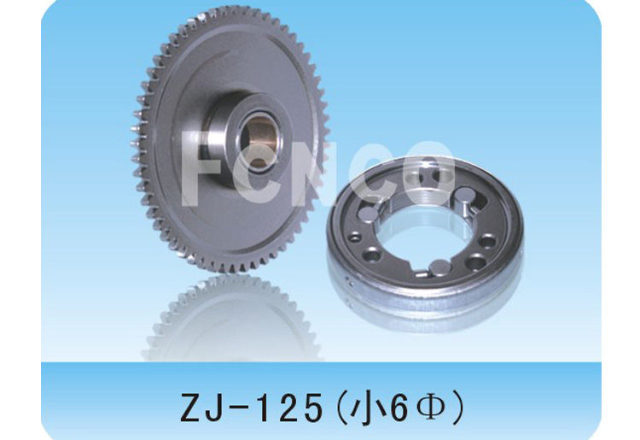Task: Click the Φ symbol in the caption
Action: coord(430,408)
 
